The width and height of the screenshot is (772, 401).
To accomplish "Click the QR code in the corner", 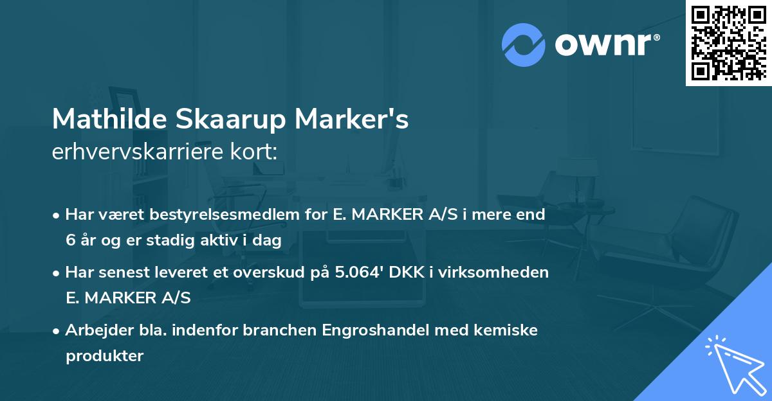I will point(729,42).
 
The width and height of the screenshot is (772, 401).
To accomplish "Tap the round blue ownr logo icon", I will point(524,44).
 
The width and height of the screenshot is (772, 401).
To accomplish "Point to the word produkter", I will point(104,355).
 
